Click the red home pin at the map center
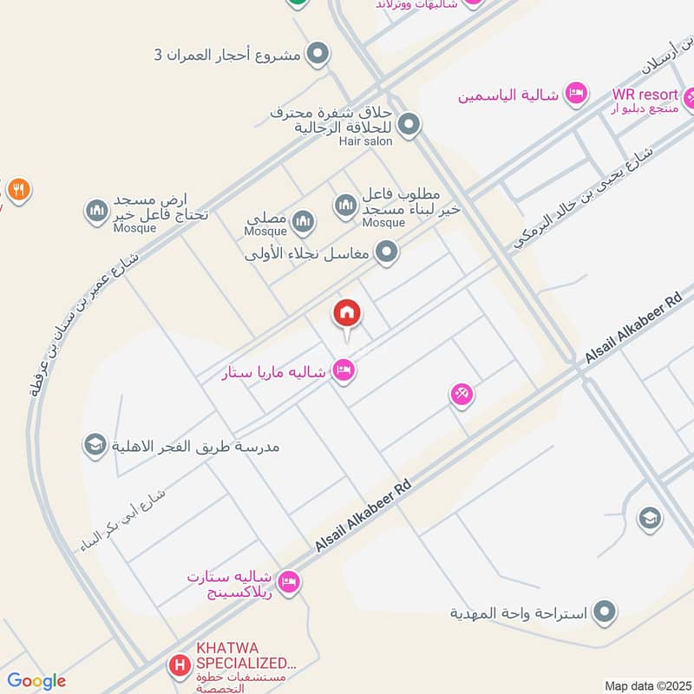pyautogui.click(x=347, y=312)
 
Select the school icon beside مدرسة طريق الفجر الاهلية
pyautogui.click(x=94, y=446)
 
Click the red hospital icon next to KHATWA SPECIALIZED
pyautogui.click(x=180, y=665)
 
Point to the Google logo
pyautogui.click(x=36, y=681)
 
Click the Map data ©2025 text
pyautogui.click(x=646, y=684)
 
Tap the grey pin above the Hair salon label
pyautogui.click(x=409, y=124)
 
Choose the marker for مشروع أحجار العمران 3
pyautogui.click(x=318, y=55)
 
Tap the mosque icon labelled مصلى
pyautogui.click(x=303, y=222)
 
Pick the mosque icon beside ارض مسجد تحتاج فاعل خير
pyautogui.click(x=96, y=210)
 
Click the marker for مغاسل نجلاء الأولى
pyautogui.click(x=387, y=253)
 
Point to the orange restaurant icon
pyautogui.click(x=18, y=188)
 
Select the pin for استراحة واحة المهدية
pyautogui.click(x=606, y=612)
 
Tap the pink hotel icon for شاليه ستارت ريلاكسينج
pyautogui.click(x=290, y=580)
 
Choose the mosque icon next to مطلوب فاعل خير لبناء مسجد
pyautogui.click(x=346, y=205)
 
